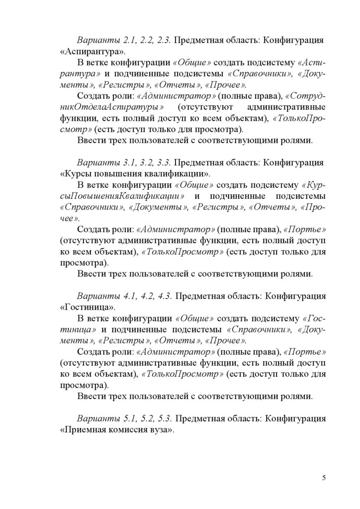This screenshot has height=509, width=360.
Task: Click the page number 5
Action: pos(324,478)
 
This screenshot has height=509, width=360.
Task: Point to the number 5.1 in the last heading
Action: pos(122,418)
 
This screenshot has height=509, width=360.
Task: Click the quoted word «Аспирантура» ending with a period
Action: pos(93,51)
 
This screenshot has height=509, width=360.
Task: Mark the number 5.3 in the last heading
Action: pos(162,418)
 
